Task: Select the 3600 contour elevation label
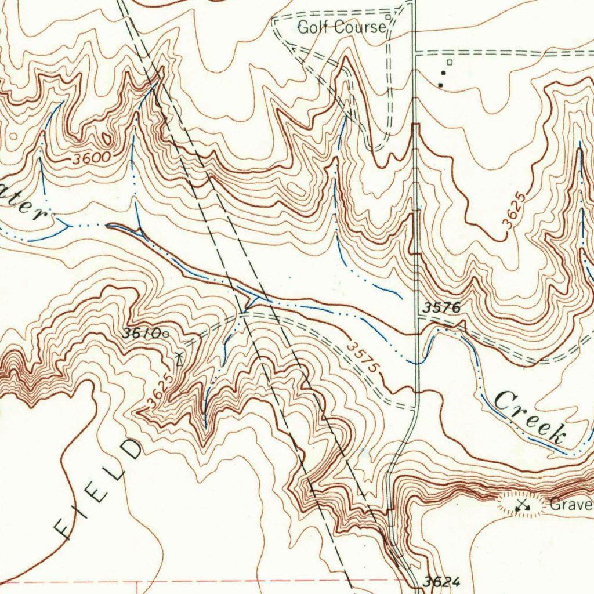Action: tap(92, 158)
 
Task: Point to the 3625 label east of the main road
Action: tap(516, 214)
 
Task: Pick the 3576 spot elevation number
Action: tap(441, 308)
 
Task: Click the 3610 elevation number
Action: tap(142, 334)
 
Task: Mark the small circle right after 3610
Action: tap(166, 334)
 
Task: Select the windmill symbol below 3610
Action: tap(179, 358)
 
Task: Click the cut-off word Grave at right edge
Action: tap(571, 504)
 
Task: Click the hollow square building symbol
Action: tap(449, 62)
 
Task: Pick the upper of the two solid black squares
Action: tap(445, 73)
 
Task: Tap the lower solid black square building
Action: tap(441, 85)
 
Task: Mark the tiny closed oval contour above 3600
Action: tap(106, 139)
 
